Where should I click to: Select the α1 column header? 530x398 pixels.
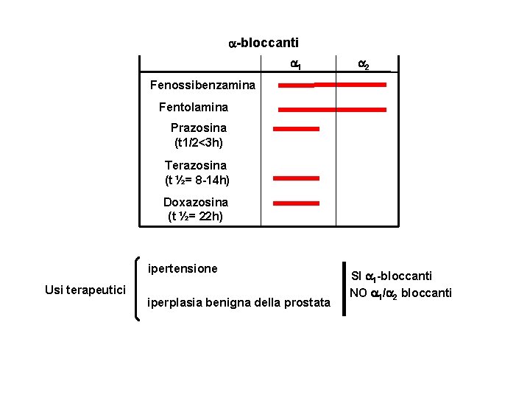pos(294,65)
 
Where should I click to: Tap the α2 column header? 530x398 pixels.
pos(364,65)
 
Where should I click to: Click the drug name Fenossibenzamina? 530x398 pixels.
pos(202,85)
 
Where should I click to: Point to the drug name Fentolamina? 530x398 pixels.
pos(194,107)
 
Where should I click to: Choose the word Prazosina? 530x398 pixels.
pos(199,128)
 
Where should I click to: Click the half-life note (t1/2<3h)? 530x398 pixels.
pos(199,142)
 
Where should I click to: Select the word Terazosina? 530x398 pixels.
pos(196,165)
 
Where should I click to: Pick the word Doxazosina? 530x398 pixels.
pos(196,202)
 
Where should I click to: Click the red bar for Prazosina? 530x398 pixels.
pos(296,128)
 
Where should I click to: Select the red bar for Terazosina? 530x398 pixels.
pos(296,178)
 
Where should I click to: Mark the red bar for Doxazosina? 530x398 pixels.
pos(296,203)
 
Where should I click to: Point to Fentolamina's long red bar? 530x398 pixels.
pos(332,109)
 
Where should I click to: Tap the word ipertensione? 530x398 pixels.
pos(183,268)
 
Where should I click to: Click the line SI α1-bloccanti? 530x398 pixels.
pos(391,276)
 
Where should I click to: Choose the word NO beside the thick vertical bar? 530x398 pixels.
pos(358,293)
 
